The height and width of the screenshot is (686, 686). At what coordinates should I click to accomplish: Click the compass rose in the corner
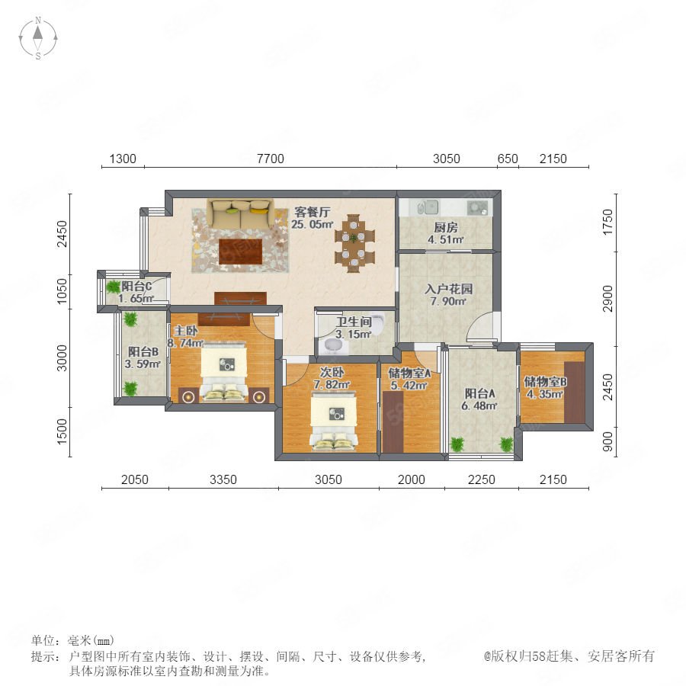point(38,37)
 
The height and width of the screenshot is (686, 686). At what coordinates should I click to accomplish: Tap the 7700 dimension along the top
point(271,159)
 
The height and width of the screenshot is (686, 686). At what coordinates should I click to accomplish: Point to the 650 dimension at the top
point(508,159)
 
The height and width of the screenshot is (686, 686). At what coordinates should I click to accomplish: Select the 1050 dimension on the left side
point(63,291)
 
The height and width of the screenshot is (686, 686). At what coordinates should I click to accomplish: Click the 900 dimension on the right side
point(607,442)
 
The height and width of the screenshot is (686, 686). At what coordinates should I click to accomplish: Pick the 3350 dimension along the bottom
point(223,479)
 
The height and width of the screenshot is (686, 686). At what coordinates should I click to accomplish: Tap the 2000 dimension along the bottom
point(412,479)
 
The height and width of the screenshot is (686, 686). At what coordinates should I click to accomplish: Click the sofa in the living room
point(241,213)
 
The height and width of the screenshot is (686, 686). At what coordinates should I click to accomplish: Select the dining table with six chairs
point(354,243)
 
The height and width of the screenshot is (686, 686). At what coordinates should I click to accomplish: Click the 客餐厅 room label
point(312,212)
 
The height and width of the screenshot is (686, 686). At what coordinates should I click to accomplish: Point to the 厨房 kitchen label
point(446,227)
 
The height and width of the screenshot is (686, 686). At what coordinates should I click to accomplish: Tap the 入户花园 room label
point(448,289)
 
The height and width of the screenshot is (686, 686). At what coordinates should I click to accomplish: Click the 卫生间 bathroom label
point(354,322)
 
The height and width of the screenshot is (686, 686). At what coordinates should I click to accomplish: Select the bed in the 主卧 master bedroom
point(224,372)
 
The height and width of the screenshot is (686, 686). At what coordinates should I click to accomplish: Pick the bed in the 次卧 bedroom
point(333,421)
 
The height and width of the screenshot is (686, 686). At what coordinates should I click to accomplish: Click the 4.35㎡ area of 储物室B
point(545,394)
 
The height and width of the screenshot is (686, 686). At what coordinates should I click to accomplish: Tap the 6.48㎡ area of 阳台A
point(479,406)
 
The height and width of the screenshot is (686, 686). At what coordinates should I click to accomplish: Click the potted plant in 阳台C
point(114,287)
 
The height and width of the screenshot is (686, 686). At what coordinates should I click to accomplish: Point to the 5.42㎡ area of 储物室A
point(409,386)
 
